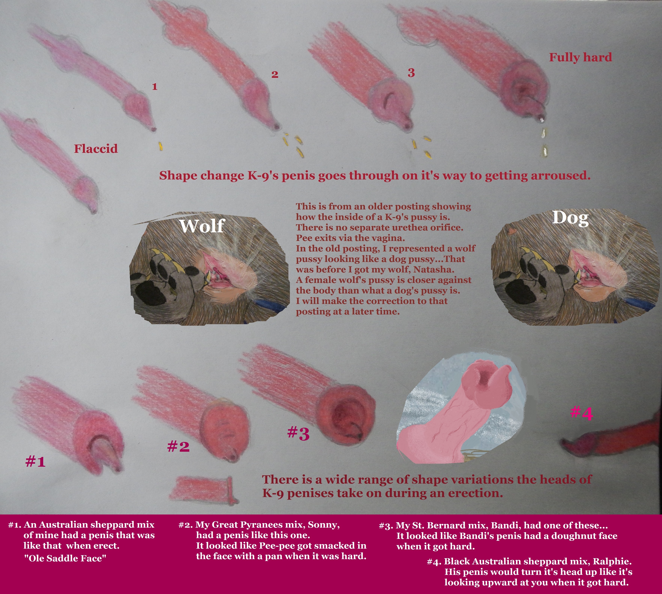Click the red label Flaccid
coord(96,149)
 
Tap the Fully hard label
coord(580,57)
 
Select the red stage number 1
coord(155,87)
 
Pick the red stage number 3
coord(411,72)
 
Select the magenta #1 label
coord(35,461)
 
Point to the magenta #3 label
coord(298,434)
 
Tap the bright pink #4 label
coord(581,413)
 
